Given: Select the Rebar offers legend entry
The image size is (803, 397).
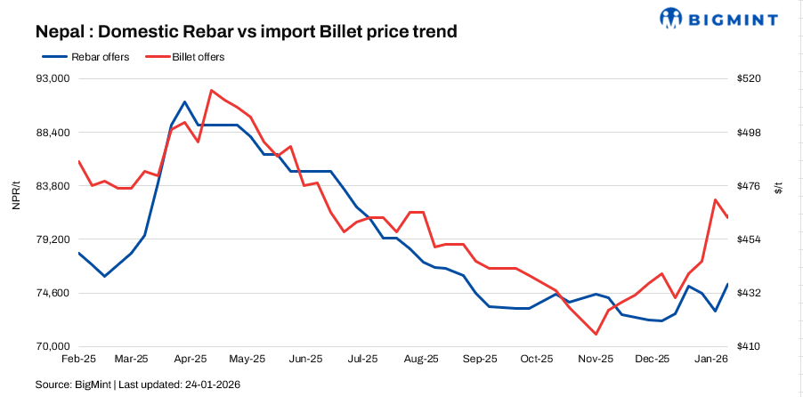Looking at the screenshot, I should pyautogui.click(x=87, y=57).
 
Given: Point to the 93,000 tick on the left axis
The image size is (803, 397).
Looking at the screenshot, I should pyautogui.click(x=51, y=79).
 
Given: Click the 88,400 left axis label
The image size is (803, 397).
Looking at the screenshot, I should pyautogui.click(x=51, y=133).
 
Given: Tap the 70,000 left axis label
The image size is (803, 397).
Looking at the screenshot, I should pyautogui.click(x=51, y=347).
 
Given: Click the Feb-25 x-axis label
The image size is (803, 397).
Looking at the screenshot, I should pyautogui.click(x=78, y=360).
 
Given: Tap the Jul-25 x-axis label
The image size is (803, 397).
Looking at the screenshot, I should pyautogui.click(x=364, y=360).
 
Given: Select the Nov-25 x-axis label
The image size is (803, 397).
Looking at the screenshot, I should pyautogui.click(x=596, y=360).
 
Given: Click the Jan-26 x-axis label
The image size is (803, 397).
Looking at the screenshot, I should pyautogui.click(x=711, y=360).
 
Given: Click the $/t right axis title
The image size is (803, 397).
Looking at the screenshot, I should pyautogui.click(x=780, y=186).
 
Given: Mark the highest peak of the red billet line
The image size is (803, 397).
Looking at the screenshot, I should pyautogui.click(x=211, y=90).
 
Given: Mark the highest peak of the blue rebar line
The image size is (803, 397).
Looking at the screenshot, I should pyautogui.click(x=184, y=101).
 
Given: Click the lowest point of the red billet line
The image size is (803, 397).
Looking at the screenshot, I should pyautogui.click(x=596, y=335).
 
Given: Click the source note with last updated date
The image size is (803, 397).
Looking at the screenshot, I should pyautogui.click(x=138, y=385).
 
